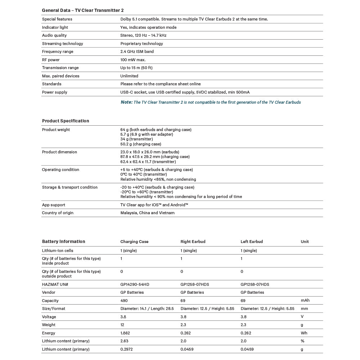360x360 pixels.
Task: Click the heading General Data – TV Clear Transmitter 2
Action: coord(83,10)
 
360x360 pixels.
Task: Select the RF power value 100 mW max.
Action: coord(133,60)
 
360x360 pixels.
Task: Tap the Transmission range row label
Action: coord(60,68)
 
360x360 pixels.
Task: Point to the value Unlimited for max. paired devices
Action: coord(129,76)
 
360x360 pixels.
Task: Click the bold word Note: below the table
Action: coord(126,102)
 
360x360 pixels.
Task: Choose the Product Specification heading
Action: coord(66,121)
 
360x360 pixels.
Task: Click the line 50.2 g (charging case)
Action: coord(141,144)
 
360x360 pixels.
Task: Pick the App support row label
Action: coord(54,205)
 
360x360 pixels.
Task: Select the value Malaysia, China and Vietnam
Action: coord(147,213)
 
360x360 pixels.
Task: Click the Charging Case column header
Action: coord(134,242)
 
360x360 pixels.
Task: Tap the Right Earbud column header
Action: coord(193,242)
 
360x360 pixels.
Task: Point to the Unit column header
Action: coord(305,242)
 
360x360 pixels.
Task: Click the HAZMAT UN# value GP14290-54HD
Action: coord(135,284)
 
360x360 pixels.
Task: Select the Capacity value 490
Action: coord(124,301)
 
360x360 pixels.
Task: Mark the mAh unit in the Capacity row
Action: coord(305,301)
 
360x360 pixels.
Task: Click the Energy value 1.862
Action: coord(125,333)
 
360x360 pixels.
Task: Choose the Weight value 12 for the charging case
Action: coord(122,325)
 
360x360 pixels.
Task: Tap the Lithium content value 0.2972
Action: coord(126,349)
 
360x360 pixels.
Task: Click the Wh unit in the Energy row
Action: coord(304,333)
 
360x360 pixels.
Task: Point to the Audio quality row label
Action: coord(54,35)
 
